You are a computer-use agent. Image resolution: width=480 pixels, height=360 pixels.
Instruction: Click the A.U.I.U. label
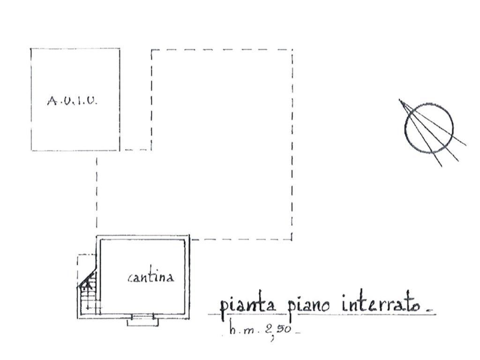tap(73, 100)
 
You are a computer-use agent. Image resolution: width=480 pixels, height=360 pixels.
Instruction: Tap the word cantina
tap(150, 277)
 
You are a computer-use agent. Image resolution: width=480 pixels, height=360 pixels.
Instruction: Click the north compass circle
tap(429, 128)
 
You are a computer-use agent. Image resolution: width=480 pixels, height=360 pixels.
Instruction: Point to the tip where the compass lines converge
tap(400, 100)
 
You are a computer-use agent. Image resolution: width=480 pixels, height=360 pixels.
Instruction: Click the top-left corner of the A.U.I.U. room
tap(31, 49)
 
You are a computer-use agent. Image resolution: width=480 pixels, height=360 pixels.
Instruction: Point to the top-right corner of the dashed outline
tap(292, 50)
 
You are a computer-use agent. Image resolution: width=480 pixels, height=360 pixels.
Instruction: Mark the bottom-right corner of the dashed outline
tap(292, 239)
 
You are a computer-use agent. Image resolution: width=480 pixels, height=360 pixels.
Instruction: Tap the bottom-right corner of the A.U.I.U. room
tap(119, 150)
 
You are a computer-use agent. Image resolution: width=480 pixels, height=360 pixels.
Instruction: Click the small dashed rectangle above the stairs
tap(86, 262)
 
